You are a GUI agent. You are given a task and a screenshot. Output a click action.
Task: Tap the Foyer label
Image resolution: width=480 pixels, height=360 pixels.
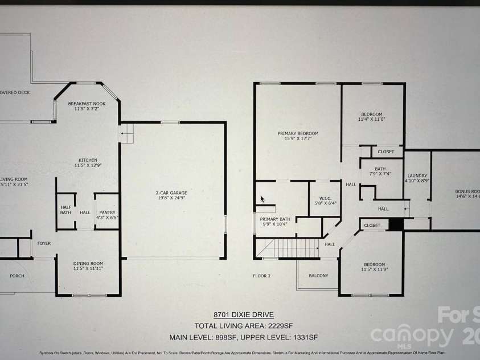click(x=44, y=243)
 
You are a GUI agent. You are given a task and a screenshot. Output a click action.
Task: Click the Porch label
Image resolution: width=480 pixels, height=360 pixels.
click(x=17, y=276)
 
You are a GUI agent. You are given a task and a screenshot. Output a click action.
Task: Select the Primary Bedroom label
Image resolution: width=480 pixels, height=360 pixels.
click(x=298, y=133)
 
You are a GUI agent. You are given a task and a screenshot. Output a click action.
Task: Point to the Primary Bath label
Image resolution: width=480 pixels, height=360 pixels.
click(x=275, y=219)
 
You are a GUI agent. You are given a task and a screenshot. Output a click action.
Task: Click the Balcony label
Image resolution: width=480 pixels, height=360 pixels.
click(x=318, y=276)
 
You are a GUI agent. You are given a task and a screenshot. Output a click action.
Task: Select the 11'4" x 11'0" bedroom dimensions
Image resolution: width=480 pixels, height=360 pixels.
click(x=372, y=120)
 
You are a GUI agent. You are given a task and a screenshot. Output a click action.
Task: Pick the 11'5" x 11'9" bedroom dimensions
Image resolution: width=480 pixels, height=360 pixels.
click(x=375, y=270)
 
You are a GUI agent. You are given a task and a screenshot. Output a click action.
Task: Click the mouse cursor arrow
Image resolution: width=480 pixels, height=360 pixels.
click(x=262, y=199)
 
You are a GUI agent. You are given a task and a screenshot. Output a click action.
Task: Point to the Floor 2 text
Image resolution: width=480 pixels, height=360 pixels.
click(x=261, y=276)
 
